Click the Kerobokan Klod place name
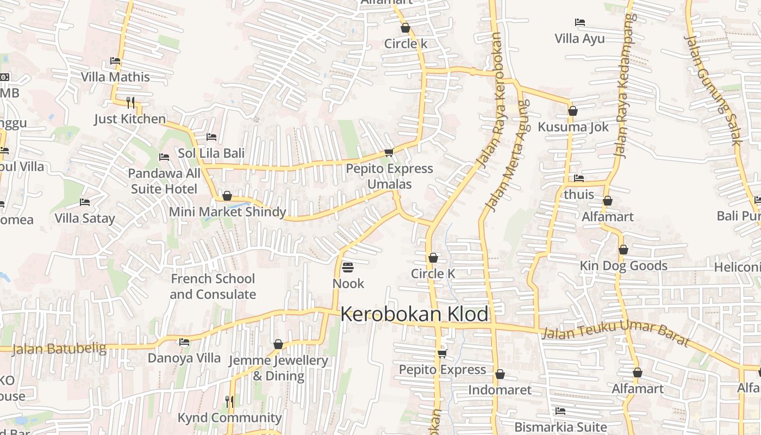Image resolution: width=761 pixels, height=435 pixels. tap(414, 315)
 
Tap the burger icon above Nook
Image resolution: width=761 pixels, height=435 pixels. tap(348, 268)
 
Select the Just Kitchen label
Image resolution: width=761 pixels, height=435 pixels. tap(130, 119)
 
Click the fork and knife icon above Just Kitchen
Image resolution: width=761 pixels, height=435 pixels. tap(130, 102)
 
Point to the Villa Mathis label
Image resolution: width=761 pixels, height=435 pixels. tap(115, 77)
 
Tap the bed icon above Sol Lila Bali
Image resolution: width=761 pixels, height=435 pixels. tap(211, 137)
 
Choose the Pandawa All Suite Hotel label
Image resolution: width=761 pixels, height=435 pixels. tap(164, 181)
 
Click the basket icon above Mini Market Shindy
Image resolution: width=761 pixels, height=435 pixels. tap(227, 196)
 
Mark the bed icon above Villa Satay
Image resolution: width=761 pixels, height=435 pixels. tap(85, 202)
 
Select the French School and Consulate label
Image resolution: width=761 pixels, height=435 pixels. tap(213, 287)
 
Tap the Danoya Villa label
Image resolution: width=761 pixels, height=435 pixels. tap(184, 358)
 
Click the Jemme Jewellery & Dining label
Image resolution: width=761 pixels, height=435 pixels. tap(278, 368)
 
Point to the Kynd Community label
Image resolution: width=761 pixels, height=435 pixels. tap(229, 418)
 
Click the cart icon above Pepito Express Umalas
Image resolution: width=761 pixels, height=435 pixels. tap(389, 153)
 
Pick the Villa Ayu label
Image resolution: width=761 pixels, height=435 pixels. tap(579, 39)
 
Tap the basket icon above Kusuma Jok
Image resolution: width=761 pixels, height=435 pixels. tap(572, 111)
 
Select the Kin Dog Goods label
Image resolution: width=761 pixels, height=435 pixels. tap(623, 266)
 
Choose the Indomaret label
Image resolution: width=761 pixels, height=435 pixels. tap(500, 390)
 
